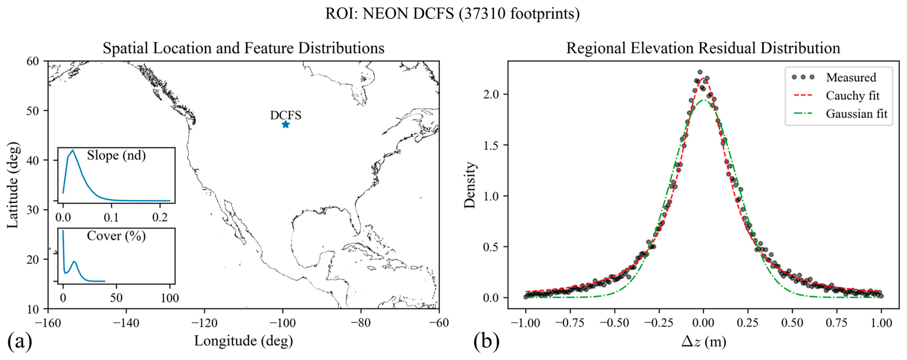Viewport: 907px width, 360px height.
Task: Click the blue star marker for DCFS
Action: (x=286, y=124)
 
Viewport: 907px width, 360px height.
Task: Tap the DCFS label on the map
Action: (x=286, y=115)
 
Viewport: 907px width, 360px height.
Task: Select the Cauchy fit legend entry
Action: (x=852, y=95)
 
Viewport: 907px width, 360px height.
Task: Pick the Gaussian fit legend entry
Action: (x=856, y=114)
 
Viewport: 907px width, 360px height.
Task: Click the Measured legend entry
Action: (x=851, y=77)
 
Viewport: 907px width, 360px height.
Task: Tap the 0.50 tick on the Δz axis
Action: (x=792, y=323)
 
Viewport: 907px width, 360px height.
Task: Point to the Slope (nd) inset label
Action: (x=116, y=155)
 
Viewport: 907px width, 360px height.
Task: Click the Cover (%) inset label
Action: (x=116, y=236)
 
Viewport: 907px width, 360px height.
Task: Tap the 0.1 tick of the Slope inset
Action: (x=111, y=217)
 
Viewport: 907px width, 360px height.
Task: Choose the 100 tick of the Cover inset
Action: (x=170, y=298)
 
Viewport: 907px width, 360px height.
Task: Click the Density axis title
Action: (x=470, y=185)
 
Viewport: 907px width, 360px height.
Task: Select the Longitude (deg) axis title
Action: (x=244, y=341)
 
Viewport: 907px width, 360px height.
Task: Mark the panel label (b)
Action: (x=486, y=341)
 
